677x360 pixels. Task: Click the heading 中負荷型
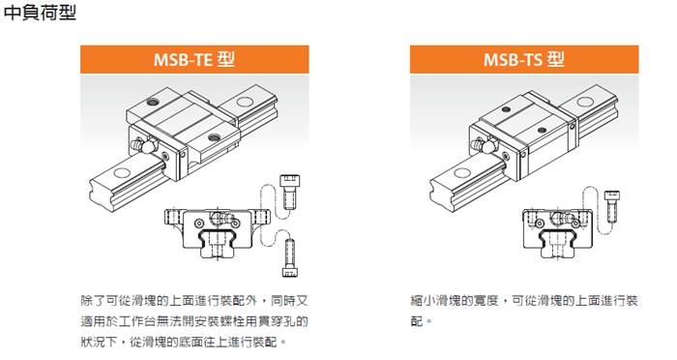coord(40,13)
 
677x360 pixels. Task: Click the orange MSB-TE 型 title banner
coord(194,59)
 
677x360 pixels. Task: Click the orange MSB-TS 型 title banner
coord(524,59)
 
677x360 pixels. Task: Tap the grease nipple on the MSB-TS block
coord(484,145)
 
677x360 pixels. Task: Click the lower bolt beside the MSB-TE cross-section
coord(290,257)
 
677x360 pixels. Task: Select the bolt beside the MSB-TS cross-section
coord(612,206)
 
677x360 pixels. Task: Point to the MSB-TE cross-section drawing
coord(218,232)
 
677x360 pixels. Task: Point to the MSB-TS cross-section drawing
coord(557,233)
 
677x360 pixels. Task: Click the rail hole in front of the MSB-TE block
coord(121,173)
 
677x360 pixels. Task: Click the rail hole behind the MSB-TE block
coord(245,102)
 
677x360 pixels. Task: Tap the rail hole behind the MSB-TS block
coord(585,102)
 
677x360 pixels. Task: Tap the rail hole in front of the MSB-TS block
coord(462,173)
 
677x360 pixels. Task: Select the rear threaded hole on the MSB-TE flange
coord(153,102)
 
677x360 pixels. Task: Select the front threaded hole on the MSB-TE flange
coord(214,137)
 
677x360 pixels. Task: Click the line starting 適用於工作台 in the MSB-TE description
coord(194,321)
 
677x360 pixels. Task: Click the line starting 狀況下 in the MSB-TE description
coord(184,342)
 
